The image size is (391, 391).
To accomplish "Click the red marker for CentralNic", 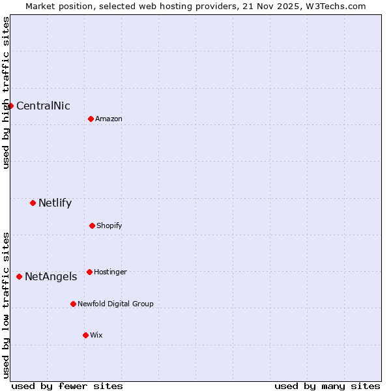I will [10, 106].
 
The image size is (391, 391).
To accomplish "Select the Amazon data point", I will [91, 119].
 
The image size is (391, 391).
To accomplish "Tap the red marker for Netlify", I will [33, 203].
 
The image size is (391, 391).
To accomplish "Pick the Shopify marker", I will [92, 225].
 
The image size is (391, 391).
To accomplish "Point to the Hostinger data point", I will [89, 272].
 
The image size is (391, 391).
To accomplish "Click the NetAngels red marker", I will [19, 276].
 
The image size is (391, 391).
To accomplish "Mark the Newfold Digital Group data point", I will [73, 304].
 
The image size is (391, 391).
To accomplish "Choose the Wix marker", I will [85, 335].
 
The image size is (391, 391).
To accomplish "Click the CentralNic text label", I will [43, 106].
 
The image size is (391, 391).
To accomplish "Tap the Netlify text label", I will [55, 203].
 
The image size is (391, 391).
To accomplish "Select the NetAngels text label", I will [51, 277].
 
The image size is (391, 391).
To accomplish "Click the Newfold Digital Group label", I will [115, 304].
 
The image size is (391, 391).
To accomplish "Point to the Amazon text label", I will [109, 119].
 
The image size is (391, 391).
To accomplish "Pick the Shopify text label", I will [109, 225].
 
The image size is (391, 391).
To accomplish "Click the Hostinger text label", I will [110, 272].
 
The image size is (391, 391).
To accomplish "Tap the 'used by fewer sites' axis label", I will [67, 386].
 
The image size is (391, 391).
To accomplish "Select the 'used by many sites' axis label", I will [327, 386].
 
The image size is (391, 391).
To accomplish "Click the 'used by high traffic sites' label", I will [6, 93].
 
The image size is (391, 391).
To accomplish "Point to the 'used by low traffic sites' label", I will [6, 305].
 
